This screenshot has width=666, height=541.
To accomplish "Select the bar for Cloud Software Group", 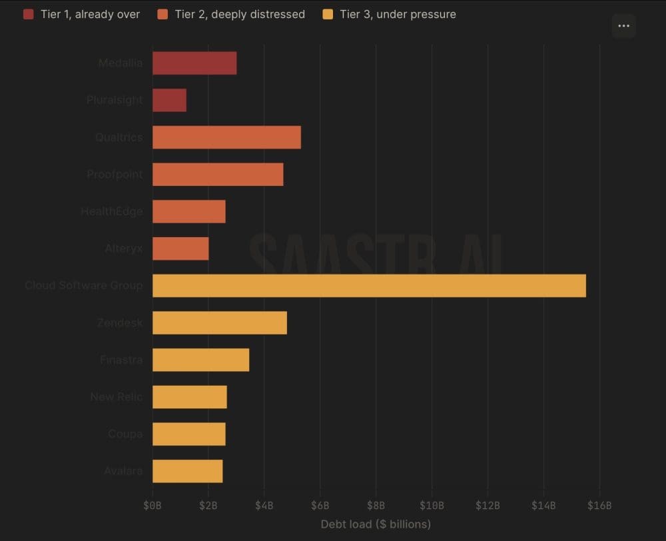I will tap(369, 286).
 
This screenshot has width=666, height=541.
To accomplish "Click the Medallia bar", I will tap(194, 63).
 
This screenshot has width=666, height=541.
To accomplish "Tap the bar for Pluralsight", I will tap(169, 101).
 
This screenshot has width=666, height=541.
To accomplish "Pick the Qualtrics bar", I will tap(226, 137).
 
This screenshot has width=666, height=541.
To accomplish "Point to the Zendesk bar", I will tap(220, 323).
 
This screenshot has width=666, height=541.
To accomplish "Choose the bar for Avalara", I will tap(187, 471).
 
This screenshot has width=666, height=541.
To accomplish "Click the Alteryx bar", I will tap(180, 249).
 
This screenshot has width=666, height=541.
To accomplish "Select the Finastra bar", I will tap(200, 360).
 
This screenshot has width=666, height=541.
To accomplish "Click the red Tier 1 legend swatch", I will tap(28, 14).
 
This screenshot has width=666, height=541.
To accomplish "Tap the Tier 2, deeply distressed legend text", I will tap(240, 14).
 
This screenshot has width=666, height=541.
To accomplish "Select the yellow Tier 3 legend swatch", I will tap(327, 14).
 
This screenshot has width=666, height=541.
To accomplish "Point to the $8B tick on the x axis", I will tap(376, 506).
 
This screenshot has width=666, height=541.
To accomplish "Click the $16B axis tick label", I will tap(599, 506).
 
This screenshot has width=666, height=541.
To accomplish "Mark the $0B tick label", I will tap(153, 506).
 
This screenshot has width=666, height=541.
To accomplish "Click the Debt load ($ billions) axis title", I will tap(376, 524).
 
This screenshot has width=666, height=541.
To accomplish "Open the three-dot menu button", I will tap(623, 26).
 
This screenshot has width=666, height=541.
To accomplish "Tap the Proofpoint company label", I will tap(115, 175).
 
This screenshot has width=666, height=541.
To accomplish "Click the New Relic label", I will tap(117, 397).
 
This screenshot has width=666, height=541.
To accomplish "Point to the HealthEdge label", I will tap(112, 212).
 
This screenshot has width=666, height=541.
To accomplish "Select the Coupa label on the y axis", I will tap(125, 434).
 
